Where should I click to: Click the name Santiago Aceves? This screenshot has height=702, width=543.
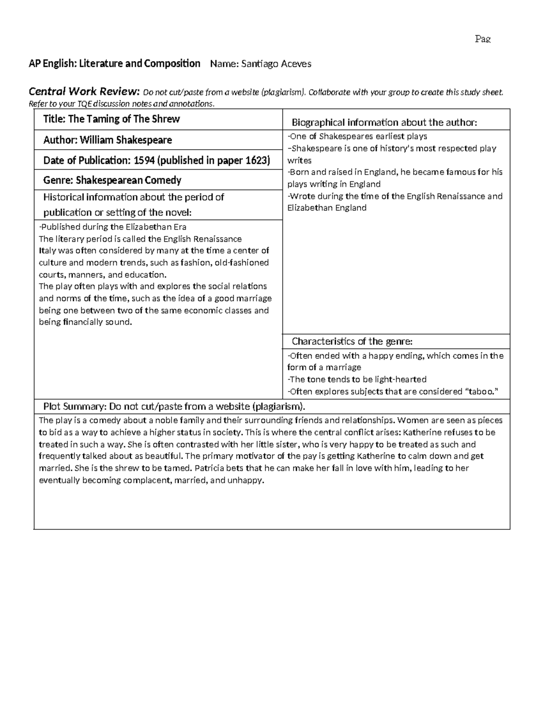coord(276,64)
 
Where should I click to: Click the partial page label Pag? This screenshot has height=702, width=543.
coord(482,39)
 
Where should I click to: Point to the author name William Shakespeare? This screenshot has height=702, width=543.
coord(126,140)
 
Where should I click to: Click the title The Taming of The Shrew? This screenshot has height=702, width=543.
coord(124,119)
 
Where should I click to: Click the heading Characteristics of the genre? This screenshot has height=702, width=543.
coord(352,341)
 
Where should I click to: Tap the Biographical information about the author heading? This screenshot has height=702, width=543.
coord(384,122)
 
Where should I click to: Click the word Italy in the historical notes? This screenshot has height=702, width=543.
coord(48,251)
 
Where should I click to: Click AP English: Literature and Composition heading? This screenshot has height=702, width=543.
coord(114,64)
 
